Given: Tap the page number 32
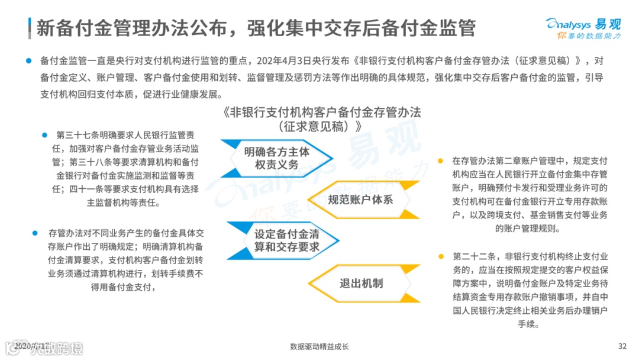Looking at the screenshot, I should (x=622, y=346).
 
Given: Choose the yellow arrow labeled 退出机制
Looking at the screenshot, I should (x=361, y=283).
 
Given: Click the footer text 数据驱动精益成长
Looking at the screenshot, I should (x=319, y=346).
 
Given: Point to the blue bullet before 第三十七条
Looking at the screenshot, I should (x=44, y=135).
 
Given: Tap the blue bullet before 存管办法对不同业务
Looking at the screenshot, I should (x=35, y=233).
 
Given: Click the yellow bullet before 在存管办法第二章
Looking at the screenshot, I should (x=440, y=160).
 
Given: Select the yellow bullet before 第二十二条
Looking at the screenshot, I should (x=440, y=256).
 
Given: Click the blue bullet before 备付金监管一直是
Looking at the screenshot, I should (x=27, y=61).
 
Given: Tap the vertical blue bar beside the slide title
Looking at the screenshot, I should (x=30, y=27).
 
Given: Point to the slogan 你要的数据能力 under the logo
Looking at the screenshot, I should (x=588, y=36).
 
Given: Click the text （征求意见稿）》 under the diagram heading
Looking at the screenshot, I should (x=319, y=126).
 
